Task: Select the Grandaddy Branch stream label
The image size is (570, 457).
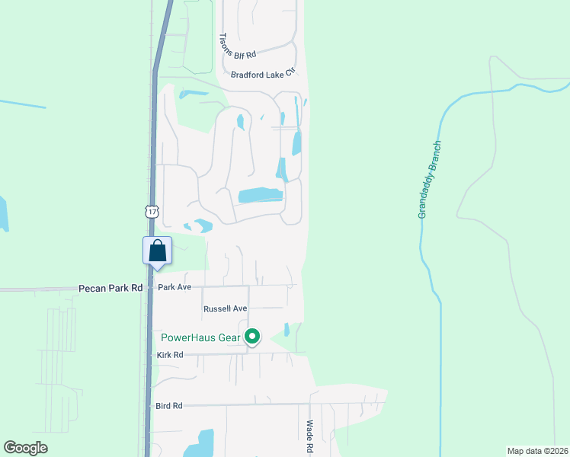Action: [430, 180]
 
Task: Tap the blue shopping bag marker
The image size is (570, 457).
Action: [157, 251]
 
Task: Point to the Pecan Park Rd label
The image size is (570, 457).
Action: [110, 288]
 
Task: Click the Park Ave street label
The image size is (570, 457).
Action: [174, 287]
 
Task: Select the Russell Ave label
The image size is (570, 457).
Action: [226, 309]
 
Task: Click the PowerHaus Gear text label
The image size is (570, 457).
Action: [200, 337]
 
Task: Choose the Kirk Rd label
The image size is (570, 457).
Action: [170, 355]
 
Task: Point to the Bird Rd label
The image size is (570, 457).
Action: [169, 406]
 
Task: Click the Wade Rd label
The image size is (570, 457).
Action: [309, 438]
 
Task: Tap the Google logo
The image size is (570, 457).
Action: [26, 448]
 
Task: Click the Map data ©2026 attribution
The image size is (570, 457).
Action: [537, 451]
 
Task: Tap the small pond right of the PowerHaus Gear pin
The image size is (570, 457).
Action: [287, 330]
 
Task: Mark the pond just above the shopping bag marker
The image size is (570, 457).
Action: [203, 225]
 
